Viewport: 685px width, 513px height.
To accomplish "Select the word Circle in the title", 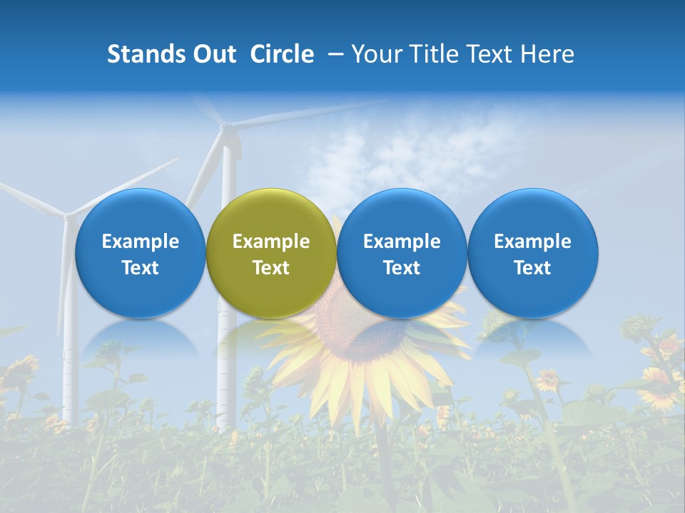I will point(282,54).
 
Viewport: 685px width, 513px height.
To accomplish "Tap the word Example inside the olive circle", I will point(271,242).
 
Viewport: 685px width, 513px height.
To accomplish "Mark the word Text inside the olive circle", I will point(271,268).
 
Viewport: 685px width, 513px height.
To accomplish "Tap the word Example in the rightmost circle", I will point(533,242).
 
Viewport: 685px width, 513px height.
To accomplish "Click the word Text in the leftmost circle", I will point(140,268).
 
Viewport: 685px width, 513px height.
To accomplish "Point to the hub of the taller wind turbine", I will point(225,127).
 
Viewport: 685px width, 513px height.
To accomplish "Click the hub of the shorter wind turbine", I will point(68,214).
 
